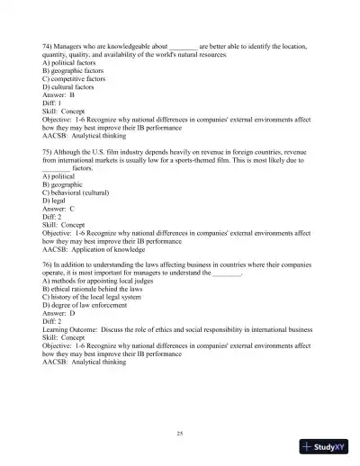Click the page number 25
(180, 435)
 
